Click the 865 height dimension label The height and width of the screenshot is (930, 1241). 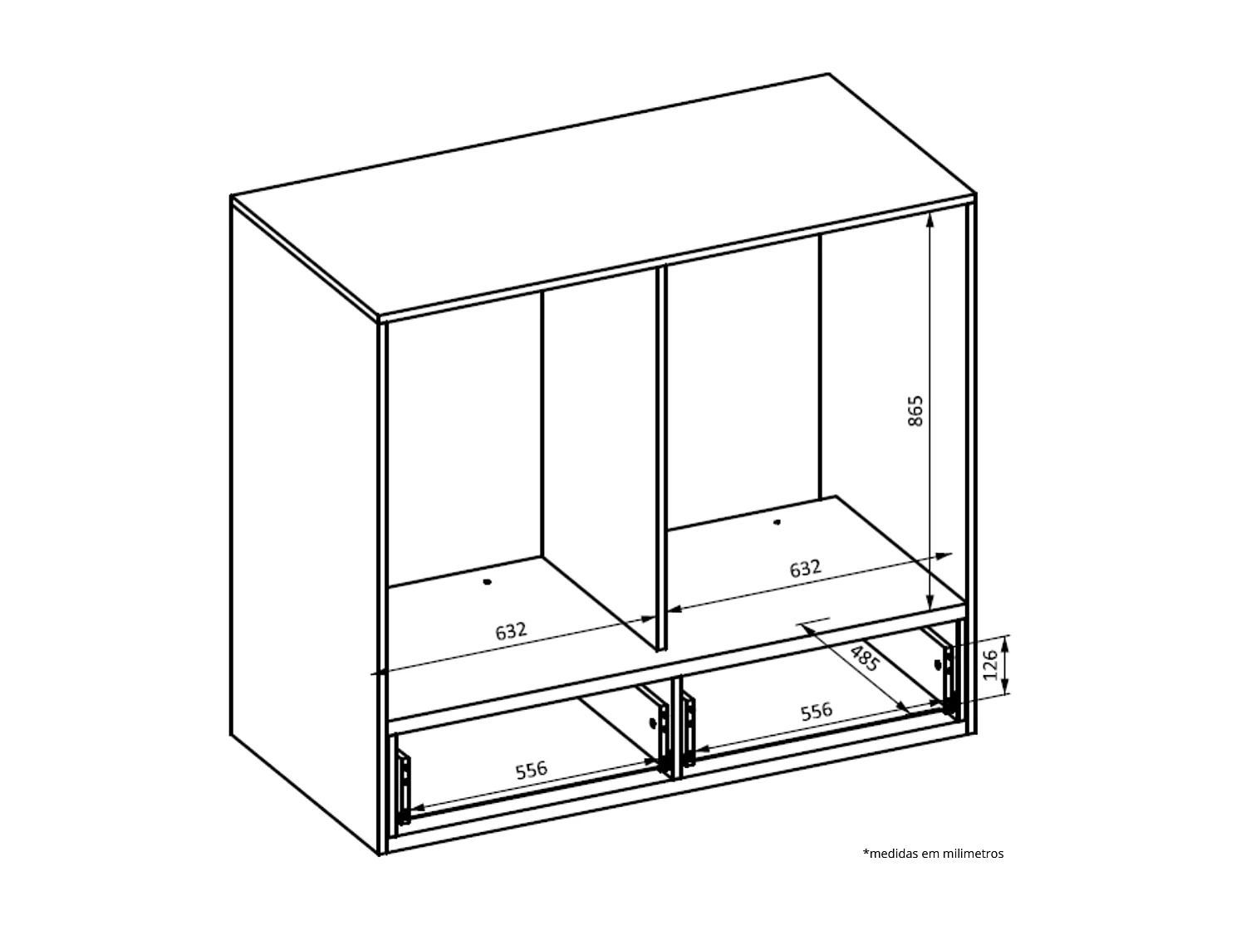tap(915, 411)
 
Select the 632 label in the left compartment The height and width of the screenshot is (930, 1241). tap(512, 630)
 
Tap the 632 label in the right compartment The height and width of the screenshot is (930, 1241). tap(805, 569)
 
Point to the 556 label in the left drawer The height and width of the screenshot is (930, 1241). tap(532, 770)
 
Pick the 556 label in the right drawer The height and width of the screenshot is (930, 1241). tap(816, 712)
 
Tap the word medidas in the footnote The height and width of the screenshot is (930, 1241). tap(892, 854)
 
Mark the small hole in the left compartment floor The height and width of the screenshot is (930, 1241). tap(488, 582)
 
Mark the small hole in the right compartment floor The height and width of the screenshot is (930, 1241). tap(777, 522)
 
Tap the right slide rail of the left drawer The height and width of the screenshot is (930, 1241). tap(662, 733)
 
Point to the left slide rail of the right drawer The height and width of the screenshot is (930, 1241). tap(689, 728)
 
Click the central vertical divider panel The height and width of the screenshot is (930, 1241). tap(661, 457)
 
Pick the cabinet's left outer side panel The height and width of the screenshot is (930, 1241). tap(303, 523)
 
